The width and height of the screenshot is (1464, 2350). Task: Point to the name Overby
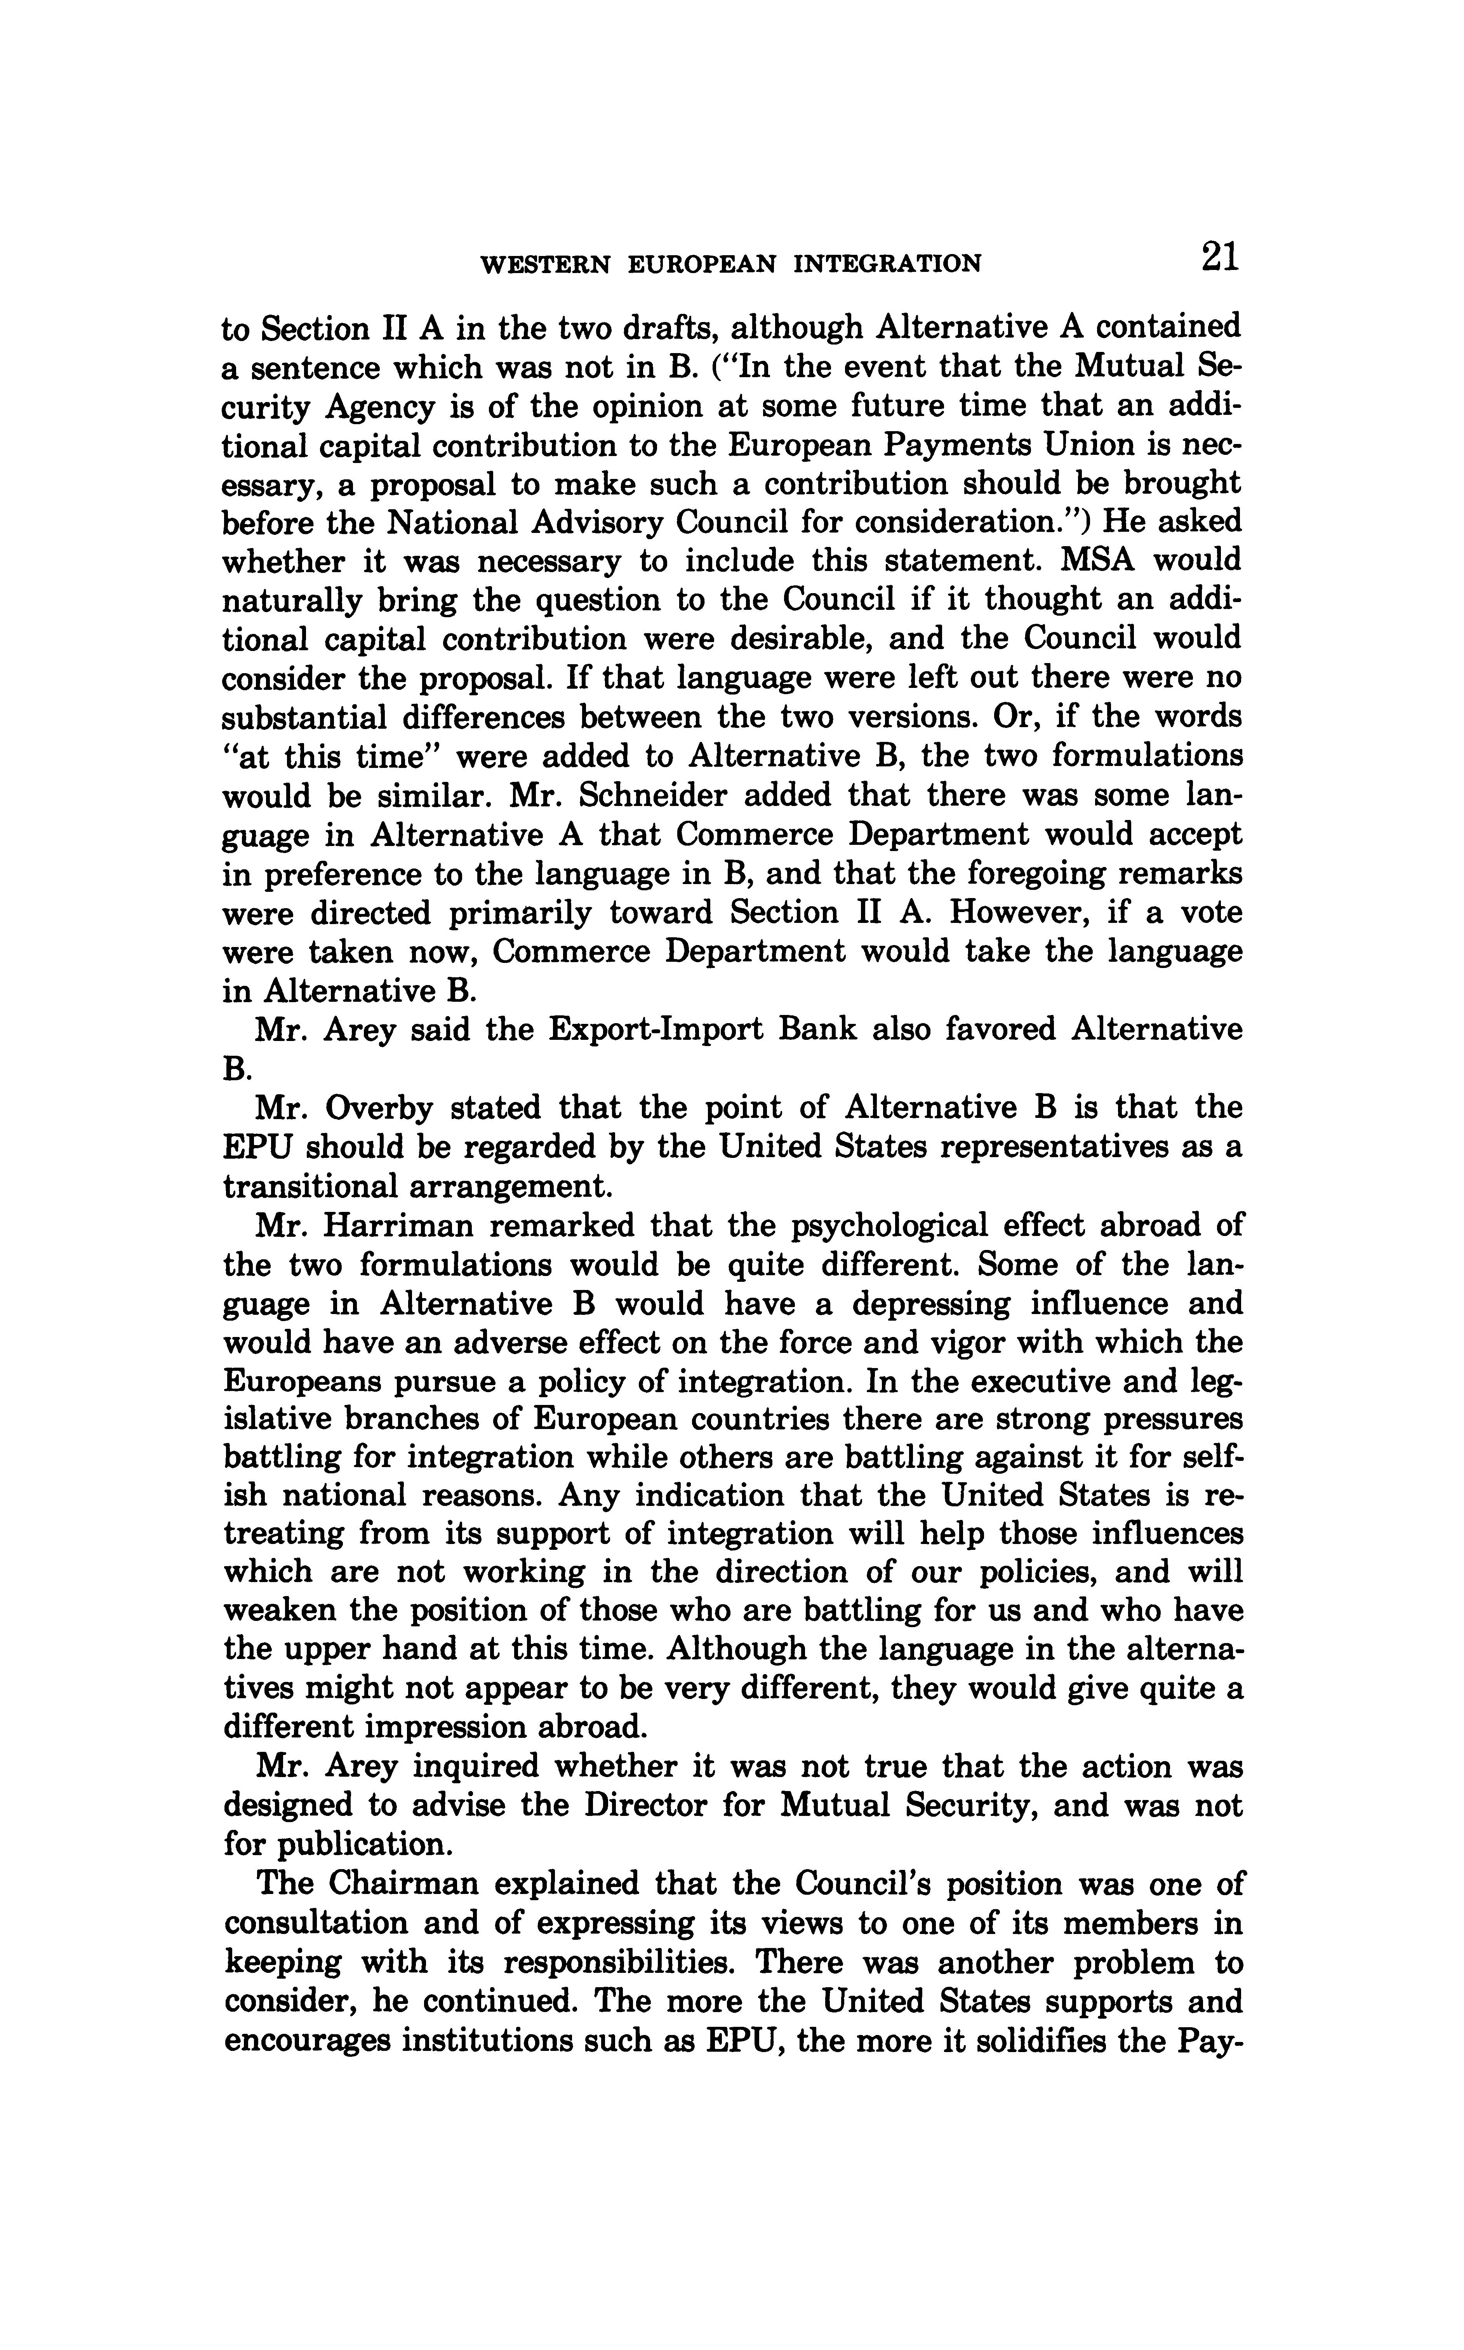click(371, 1108)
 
